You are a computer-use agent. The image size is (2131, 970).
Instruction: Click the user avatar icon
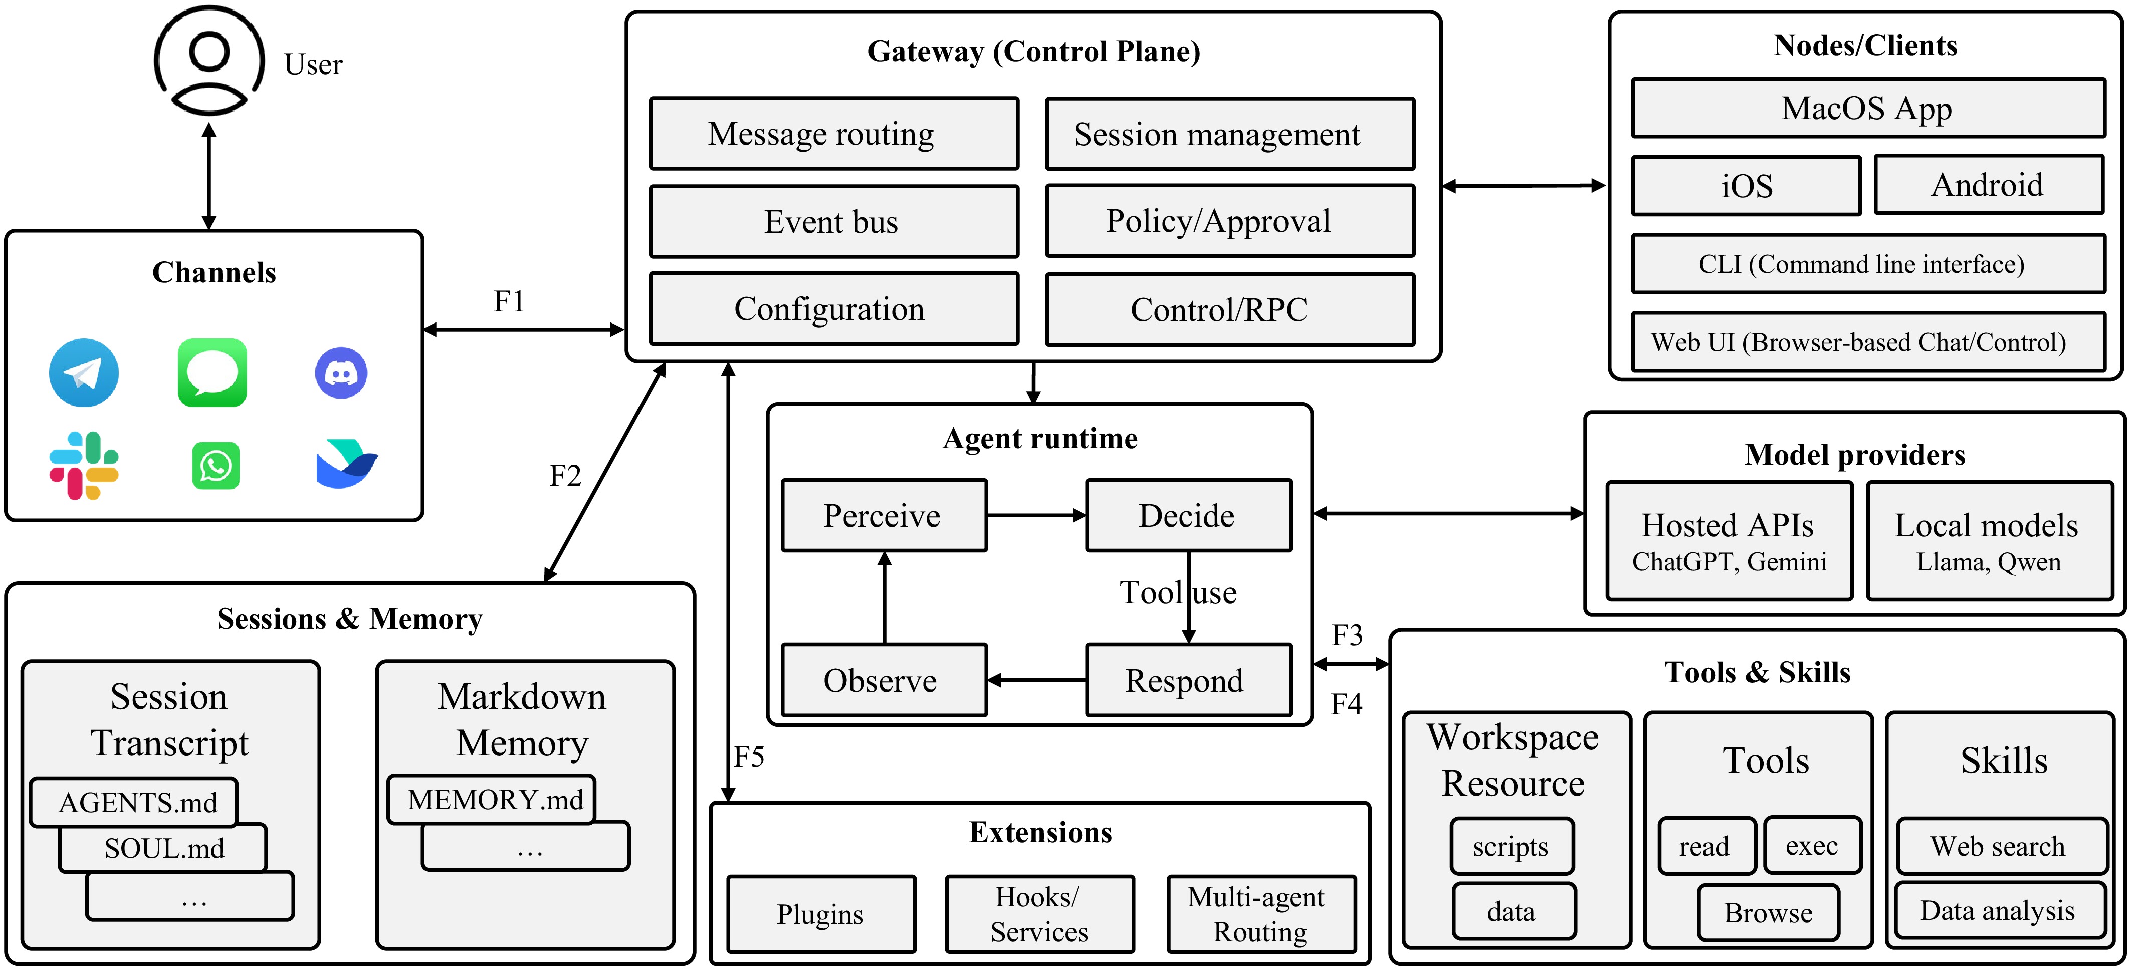(x=209, y=60)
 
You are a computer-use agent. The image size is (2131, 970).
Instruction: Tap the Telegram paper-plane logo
(x=84, y=372)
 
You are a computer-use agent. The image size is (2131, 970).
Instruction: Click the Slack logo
(x=84, y=466)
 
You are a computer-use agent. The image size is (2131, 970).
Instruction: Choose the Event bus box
(x=834, y=222)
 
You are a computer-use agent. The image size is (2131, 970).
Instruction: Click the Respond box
(x=1188, y=680)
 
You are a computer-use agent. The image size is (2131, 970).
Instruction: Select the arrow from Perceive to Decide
(x=1036, y=515)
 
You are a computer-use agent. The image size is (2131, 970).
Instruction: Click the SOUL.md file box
(x=163, y=848)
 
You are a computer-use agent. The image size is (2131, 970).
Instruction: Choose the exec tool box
(x=1813, y=846)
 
